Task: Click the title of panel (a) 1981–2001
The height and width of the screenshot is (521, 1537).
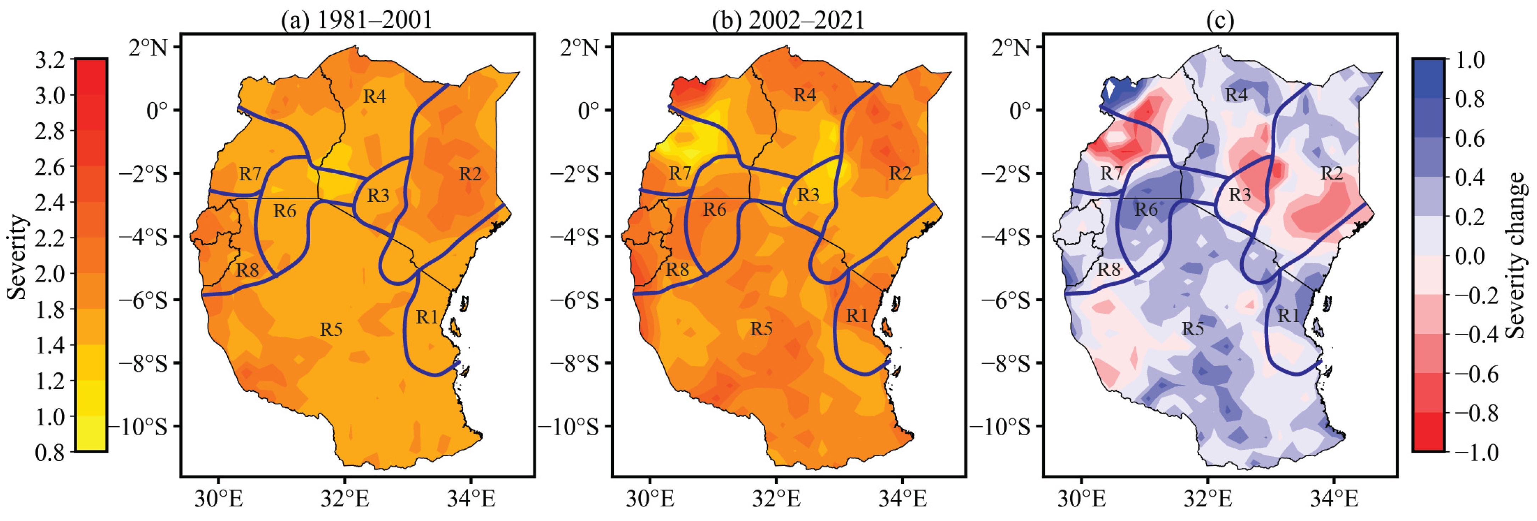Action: pyautogui.click(x=357, y=20)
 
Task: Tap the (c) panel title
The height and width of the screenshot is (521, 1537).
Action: pyautogui.click(x=1220, y=20)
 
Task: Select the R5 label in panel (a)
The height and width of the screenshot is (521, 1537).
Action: pyautogui.click(x=331, y=329)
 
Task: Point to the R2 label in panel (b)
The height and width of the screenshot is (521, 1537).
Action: pyautogui.click(x=900, y=173)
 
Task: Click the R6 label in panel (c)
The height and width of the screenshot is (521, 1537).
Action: pyautogui.click(x=1146, y=210)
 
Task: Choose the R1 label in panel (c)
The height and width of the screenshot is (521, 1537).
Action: pyautogui.click(x=1288, y=316)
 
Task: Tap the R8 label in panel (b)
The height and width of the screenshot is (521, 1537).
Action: pyautogui.click(x=677, y=270)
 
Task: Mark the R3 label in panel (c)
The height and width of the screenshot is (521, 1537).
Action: pyautogui.click(x=1239, y=195)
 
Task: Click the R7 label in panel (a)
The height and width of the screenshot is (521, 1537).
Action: pyautogui.click(x=250, y=173)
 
